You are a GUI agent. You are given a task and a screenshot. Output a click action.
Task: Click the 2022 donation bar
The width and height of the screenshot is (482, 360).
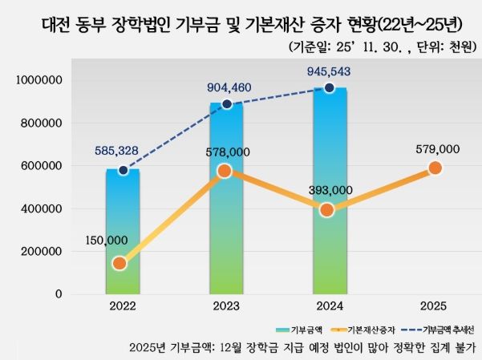tap(123, 233)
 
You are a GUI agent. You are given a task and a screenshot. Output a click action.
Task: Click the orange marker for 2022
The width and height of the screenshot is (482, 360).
tap(119, 263)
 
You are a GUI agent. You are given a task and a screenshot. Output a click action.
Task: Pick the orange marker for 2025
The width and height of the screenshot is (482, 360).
tap(435, 168)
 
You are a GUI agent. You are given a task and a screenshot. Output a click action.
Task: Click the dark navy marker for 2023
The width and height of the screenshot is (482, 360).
tap(227, 104)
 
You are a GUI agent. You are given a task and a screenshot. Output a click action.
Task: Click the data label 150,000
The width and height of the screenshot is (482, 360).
tap(106, 240)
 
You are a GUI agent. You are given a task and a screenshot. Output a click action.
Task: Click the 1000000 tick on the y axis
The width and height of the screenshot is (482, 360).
tap(39, 81)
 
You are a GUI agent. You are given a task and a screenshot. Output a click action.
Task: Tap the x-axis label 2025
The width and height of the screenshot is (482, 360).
tap(434, 307)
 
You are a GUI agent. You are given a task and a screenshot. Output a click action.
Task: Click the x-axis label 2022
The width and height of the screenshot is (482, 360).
tap(123, 307)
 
